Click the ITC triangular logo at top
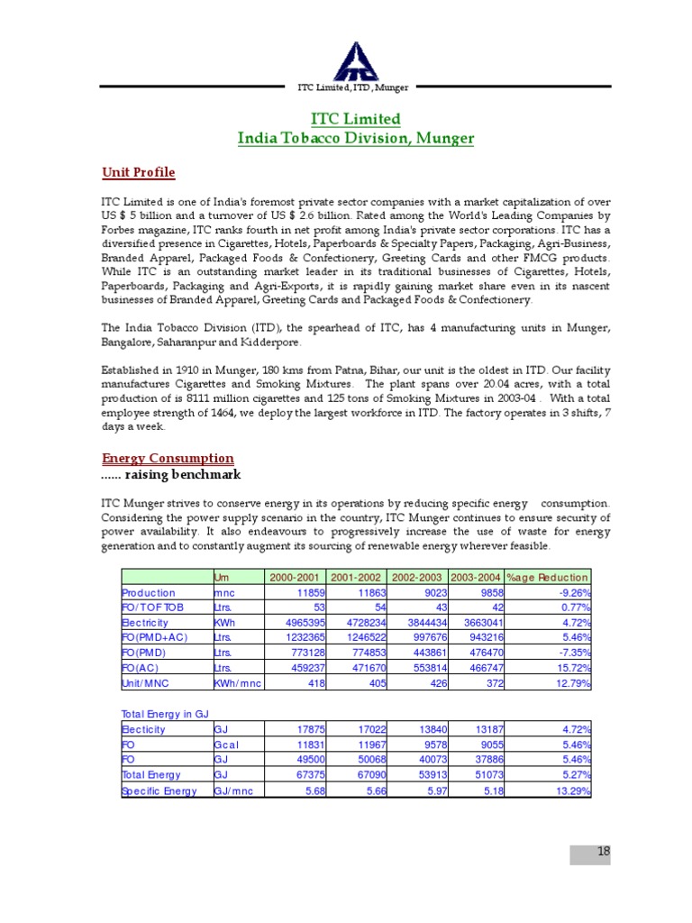353,60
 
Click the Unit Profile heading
139,172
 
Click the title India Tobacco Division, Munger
355,138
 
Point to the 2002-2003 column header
416,577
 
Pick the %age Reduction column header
548,577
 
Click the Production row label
149,593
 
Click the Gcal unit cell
227,745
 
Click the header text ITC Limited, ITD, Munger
353,87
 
